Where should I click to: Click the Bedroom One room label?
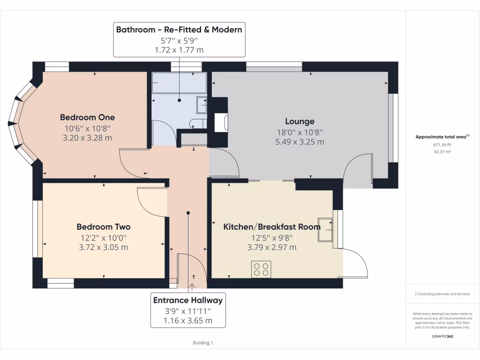87,117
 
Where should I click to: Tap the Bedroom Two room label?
104,227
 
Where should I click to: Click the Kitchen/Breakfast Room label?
272,227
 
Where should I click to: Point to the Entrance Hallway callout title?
188,300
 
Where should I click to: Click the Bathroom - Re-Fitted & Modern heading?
179,30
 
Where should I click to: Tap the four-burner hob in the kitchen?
261,269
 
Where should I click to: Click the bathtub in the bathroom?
179,83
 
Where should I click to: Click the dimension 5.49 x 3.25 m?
300,142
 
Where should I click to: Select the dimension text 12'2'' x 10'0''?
104,238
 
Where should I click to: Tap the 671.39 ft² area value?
442,145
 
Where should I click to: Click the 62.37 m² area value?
442,152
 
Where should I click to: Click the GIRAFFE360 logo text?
442,336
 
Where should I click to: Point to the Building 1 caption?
203,343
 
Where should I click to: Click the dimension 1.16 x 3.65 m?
188,321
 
